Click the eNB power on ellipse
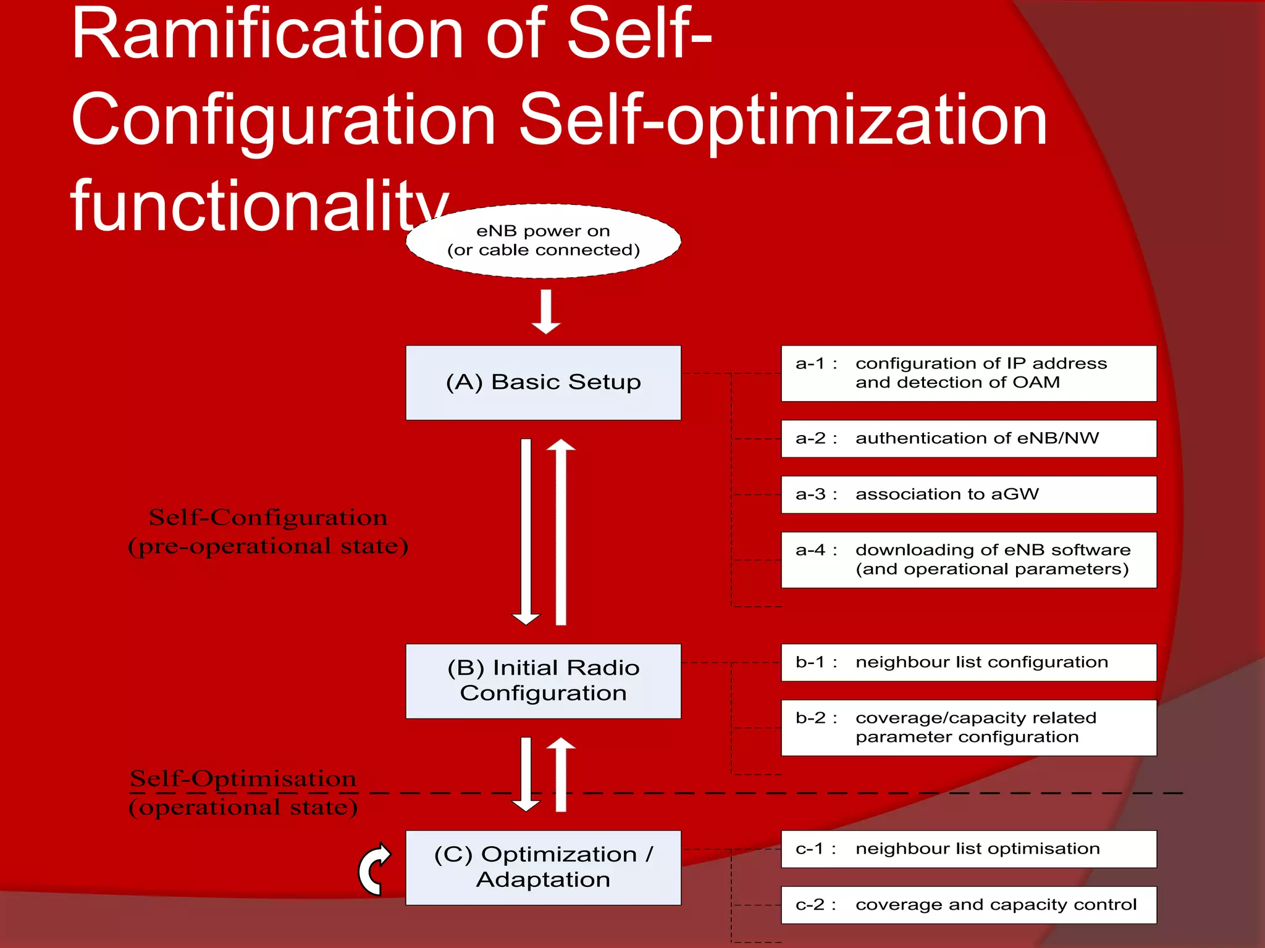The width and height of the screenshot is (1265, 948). (543, 241)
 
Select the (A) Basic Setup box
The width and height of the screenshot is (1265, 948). (543, 383)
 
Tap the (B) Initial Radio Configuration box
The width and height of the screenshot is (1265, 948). (543, 681)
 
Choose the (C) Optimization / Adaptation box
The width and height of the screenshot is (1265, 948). (543, 867)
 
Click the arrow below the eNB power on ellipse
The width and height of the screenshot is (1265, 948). (546, 312)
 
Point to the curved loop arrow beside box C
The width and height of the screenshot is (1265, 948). (374, 869)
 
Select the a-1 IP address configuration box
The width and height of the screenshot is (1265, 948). (969, 373)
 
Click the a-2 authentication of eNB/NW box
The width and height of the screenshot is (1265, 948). (969, 438)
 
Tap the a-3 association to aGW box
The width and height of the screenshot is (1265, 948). (969, 494)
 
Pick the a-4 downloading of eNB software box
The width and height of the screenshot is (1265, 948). (969, 560)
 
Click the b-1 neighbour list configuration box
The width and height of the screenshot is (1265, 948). (969, 662)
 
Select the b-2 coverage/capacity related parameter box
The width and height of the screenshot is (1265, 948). (969, 728)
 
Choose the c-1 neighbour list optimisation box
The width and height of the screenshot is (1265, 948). (969, 849)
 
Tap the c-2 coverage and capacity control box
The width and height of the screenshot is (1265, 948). (969, 905)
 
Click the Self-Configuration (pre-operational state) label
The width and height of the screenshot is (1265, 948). (268, 531)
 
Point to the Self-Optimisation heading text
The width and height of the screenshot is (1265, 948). (243, 779)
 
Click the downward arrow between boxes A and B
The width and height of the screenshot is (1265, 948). (526, 531)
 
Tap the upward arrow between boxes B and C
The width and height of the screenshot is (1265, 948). (561, 774)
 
